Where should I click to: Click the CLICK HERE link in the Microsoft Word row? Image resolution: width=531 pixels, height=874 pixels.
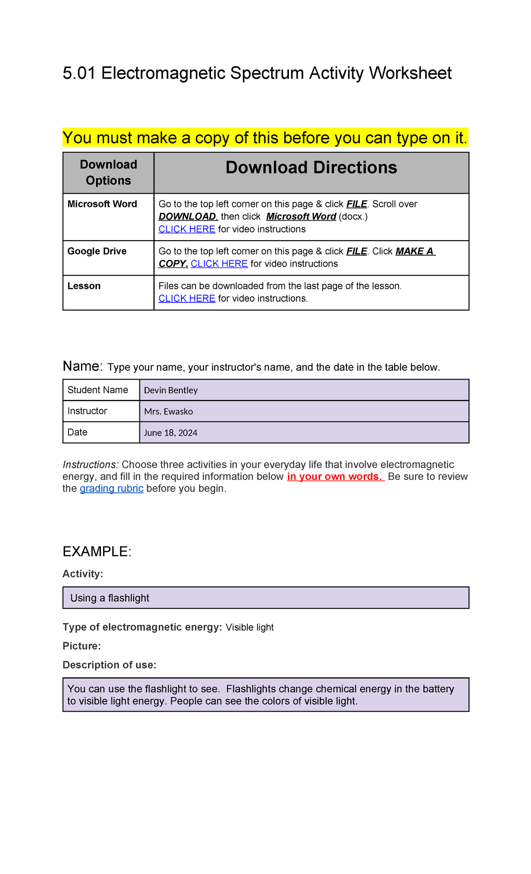click(187, 229)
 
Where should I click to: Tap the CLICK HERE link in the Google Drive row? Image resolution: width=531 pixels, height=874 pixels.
click(219, 264)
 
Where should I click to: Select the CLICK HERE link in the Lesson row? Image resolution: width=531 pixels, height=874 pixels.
click(187, 299)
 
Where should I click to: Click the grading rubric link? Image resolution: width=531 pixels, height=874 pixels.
click(112, 488)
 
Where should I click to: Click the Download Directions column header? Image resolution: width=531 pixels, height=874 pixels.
click(311, 168)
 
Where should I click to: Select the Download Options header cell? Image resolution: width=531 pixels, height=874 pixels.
click(108, 172)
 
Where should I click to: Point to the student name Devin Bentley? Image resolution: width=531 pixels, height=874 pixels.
click(171, 390)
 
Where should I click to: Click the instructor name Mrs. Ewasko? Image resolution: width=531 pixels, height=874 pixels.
click(169, 411)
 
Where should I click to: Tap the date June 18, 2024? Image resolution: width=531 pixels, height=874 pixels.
click(171, 433)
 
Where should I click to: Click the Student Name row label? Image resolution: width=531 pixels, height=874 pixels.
click(98, 390)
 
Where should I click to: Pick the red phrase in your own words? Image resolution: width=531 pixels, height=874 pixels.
click(335, 476)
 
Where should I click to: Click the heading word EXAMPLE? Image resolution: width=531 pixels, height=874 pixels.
click(96, 552)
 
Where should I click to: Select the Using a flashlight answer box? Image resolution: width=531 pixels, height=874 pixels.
click(265, 598)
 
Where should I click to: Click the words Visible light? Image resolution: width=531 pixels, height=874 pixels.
click(250, 627)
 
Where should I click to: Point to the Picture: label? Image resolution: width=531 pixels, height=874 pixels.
click(82, 646)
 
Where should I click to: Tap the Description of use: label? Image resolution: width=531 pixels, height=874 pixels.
click(109, 665)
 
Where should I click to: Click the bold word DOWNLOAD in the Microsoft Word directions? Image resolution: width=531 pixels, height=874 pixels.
click(188, 216)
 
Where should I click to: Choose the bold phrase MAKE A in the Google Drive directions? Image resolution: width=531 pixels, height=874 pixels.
click(415, 251)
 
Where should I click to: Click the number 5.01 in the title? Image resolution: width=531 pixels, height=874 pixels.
click(79, 73)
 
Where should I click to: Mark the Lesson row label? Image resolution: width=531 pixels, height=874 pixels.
click(84, 286)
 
